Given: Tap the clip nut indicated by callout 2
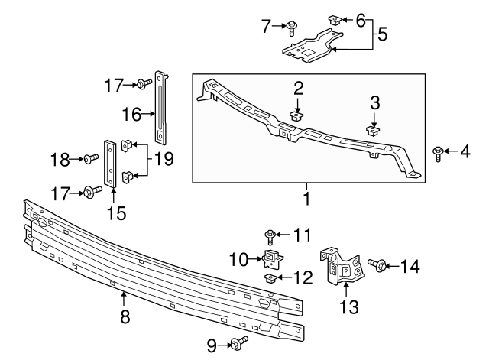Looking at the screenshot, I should (297, 117).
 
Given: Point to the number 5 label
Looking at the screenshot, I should (383, 34).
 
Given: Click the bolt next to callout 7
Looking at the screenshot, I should (293, 28).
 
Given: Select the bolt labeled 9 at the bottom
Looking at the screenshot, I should (241, 345).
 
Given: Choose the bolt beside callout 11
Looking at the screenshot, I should (270, 234).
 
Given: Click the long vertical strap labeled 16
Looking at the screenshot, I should (160, 107).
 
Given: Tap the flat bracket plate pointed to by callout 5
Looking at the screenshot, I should (309, 47).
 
